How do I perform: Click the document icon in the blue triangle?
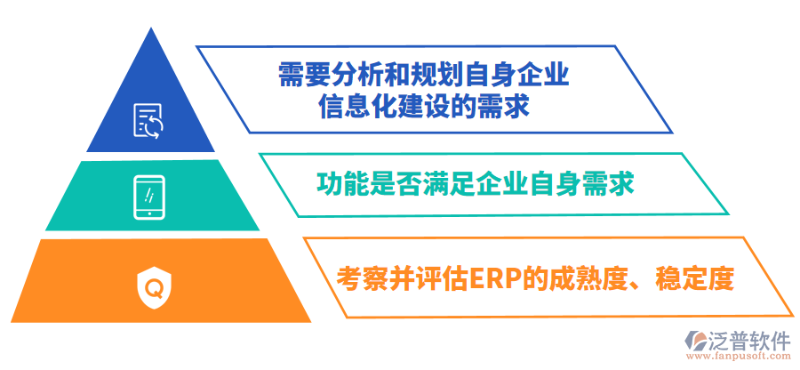pyautogui.click(x=148, y=120)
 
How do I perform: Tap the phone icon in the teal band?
pyautogui.click(x=148, y=197)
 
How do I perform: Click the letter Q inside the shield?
pyautogui.click(x=155, y=287)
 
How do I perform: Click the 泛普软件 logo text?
pyautogui.click(x=749, y=341)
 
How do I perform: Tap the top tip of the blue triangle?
pyautogui.click(x=151, y=28)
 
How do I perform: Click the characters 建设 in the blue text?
pyautogui.click(x=421, y=107)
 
